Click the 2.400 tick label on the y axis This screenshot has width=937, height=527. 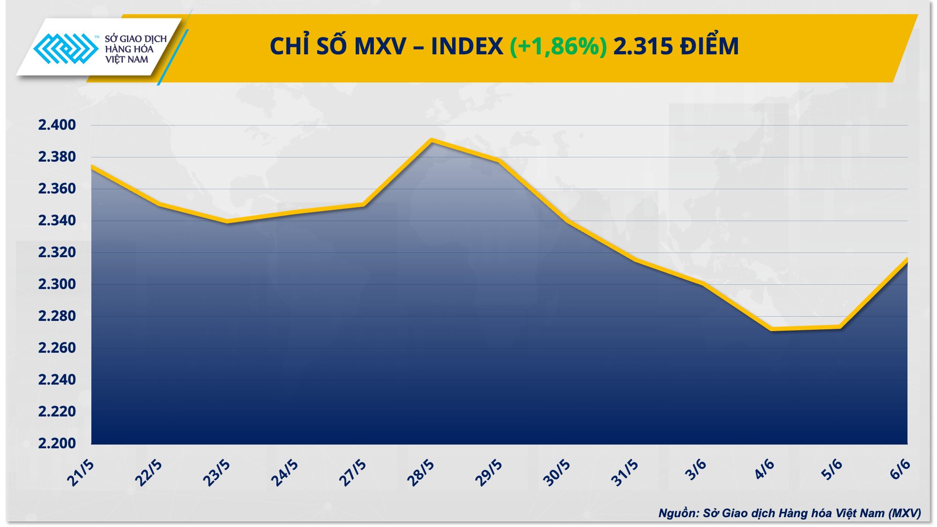coord(57,125)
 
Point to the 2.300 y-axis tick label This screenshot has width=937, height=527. coord(57,284)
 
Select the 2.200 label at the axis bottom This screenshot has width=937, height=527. coord(57,443)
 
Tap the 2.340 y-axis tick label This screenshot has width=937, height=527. coord(57,221)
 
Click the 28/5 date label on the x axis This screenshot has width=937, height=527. coord(421,473)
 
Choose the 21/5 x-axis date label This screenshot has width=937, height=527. coord(81,473)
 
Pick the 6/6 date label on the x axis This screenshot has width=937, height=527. coord(900,469)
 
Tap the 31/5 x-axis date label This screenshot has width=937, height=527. coord(625,473)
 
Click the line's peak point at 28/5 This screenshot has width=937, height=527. coord(431,140)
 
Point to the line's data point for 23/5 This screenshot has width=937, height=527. coord(227,221)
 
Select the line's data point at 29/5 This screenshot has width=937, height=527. coord(499,161)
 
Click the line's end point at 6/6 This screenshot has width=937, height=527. coord(907,260)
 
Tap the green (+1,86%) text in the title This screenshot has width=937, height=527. coord(558,46)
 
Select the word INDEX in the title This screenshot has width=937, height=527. coord(467,46)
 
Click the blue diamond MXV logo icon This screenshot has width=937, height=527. coord(66,48)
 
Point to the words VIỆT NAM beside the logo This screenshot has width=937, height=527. coord(126,59)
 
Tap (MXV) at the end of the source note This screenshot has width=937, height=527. coord(904,513)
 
